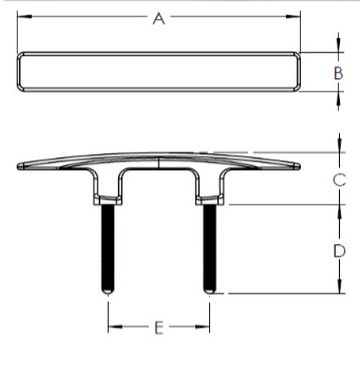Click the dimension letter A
[159, 19]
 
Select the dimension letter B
[338, 73]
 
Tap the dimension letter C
[339, 180]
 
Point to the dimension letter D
[339, 251]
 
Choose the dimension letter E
[159, 328]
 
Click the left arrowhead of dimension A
[24, 16]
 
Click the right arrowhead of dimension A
[293, 16]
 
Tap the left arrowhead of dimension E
[115, 327]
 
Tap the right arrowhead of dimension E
[202, 327]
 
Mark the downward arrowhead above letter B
[339, 45]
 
